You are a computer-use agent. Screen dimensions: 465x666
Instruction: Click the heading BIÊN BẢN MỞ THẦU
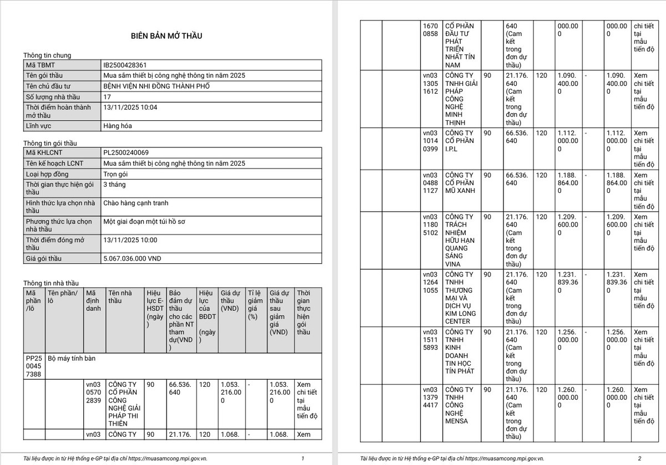pos(167,36)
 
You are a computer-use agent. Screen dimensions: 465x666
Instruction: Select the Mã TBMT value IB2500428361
pos(125,65)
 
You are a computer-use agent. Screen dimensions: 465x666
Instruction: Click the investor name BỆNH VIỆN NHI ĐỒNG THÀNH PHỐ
pos(157,86)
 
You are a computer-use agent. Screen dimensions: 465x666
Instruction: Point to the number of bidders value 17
pos(107,96)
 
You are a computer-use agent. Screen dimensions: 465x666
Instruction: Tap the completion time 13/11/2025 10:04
pos(130,107)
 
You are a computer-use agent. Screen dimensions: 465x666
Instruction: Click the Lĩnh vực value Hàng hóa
pos(118,126)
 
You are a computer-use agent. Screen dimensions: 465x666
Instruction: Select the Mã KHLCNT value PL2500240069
pos(126,152)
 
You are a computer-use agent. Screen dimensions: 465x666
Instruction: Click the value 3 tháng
pos(115,184)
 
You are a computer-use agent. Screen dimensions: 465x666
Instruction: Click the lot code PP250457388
pos(34,366)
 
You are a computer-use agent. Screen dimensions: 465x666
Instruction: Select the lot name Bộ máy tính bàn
pos(72,359)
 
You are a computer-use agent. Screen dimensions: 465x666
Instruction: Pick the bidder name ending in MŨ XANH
pos(460,183)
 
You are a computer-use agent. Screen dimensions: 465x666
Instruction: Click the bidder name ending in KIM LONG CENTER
pos(460,298)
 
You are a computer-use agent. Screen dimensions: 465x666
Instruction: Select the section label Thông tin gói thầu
pos(51,143)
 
